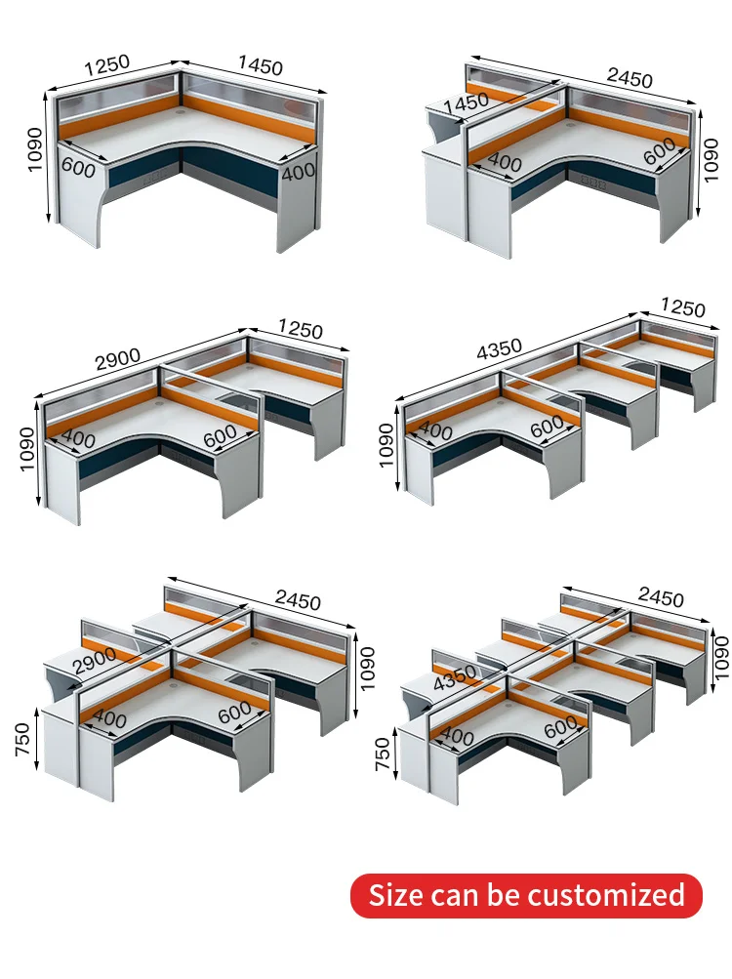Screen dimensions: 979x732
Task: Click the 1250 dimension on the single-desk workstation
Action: (x=106, y=67)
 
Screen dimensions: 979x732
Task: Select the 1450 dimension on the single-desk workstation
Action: (x=261, y=66)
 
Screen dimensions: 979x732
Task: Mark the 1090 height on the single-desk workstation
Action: (x=36, y=149)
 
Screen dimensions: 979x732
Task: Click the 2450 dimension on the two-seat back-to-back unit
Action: (x=630, y=79)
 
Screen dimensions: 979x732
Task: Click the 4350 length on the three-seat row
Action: (x=498, y=348)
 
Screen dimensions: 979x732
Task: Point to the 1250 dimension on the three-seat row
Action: (x=682, y=308)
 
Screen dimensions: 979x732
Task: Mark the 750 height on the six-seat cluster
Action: (x=385, y=754)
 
